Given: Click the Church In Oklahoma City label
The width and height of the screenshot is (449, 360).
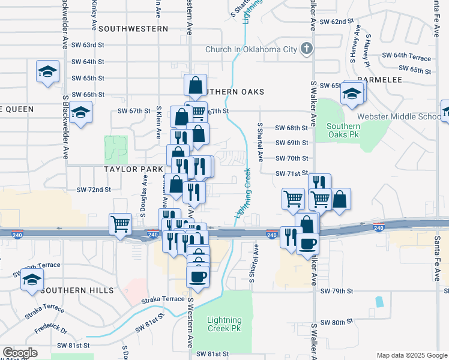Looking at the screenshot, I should pos(251,49).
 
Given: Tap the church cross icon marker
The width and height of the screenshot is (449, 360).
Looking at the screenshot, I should pos(306,49).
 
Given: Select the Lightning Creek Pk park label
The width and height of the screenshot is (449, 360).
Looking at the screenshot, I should pos(224,324).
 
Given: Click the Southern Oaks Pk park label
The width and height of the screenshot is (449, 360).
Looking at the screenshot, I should pos(343,131).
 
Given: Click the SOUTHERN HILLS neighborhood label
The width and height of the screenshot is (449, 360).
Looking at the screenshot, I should pos(77,290).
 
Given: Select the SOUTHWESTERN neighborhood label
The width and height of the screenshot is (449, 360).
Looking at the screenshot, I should pos(133,29).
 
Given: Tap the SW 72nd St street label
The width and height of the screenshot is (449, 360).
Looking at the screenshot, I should pos(94,190).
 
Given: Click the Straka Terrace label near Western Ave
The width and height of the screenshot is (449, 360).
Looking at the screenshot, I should pos(163,299).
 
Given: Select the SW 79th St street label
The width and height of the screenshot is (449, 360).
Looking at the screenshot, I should pos(337,291).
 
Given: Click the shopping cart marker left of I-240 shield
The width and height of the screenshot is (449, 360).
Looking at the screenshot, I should pos(120,224).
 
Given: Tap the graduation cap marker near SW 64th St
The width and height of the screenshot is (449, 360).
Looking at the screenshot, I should pos(47,71).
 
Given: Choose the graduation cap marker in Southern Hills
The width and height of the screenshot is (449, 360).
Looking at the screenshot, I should pos(32,279).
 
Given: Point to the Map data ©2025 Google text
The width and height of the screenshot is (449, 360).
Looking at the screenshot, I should pos(411,355).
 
